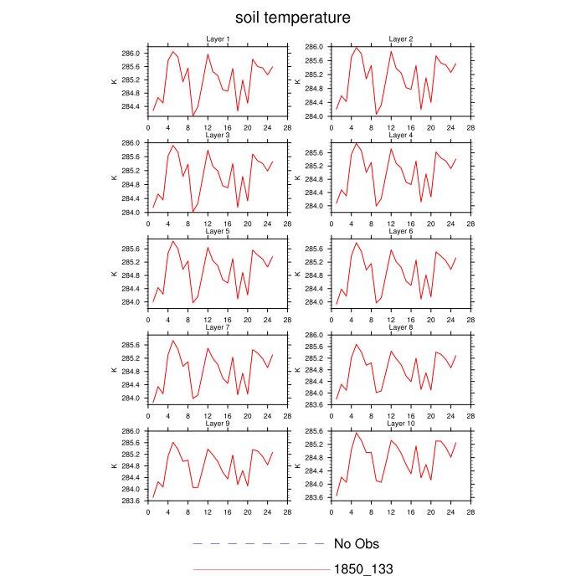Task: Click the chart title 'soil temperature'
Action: tap(292, 18)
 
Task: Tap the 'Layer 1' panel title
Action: tap(218, 39)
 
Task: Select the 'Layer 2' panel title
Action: tap(401, 39)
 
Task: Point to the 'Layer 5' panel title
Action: tap(218, 231)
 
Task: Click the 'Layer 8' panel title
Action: tap(401, 327)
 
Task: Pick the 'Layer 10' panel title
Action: tap(401, 424)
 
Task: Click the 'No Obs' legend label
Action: tap(357, 544)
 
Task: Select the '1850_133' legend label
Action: tap(363, 569)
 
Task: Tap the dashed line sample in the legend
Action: tap(259, 544)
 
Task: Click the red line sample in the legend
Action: tap(259, 569)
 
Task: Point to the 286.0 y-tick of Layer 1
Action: tap(131, 54)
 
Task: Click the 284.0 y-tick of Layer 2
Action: tap(315, 116)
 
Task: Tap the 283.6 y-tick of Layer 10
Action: tap(315, 498)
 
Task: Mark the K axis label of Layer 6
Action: tap(297, 274)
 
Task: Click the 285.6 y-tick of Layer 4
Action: tap(315, 152)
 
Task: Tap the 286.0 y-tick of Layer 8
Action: tap(315, 336)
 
